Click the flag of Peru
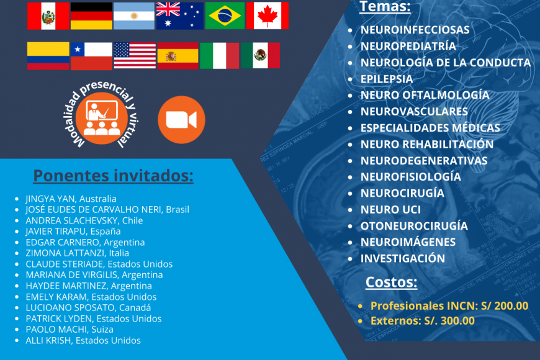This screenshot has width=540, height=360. point(48,16)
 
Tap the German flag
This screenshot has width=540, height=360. point(91,16)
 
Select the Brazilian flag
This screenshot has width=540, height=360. point(225,16)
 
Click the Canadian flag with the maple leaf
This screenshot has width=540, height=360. point(268,16)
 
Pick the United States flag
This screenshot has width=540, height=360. point(135,56)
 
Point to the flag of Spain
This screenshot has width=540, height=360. point(178,56)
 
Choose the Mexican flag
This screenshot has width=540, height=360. point(260,55)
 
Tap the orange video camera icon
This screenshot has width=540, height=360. point(181,120)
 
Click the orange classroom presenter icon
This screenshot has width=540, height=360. point(102,118)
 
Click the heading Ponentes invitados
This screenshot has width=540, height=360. point(114,176)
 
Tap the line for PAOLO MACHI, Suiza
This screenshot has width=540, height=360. point(70,330)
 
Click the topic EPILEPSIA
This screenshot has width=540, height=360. point(387,79)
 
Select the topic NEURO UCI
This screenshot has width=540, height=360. point(390,209)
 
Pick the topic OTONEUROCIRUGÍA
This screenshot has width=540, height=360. point(414,226)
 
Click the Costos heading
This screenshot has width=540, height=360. point(391,282)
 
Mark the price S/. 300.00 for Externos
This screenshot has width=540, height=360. point(449,321)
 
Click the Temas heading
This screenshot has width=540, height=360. point(385,7)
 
